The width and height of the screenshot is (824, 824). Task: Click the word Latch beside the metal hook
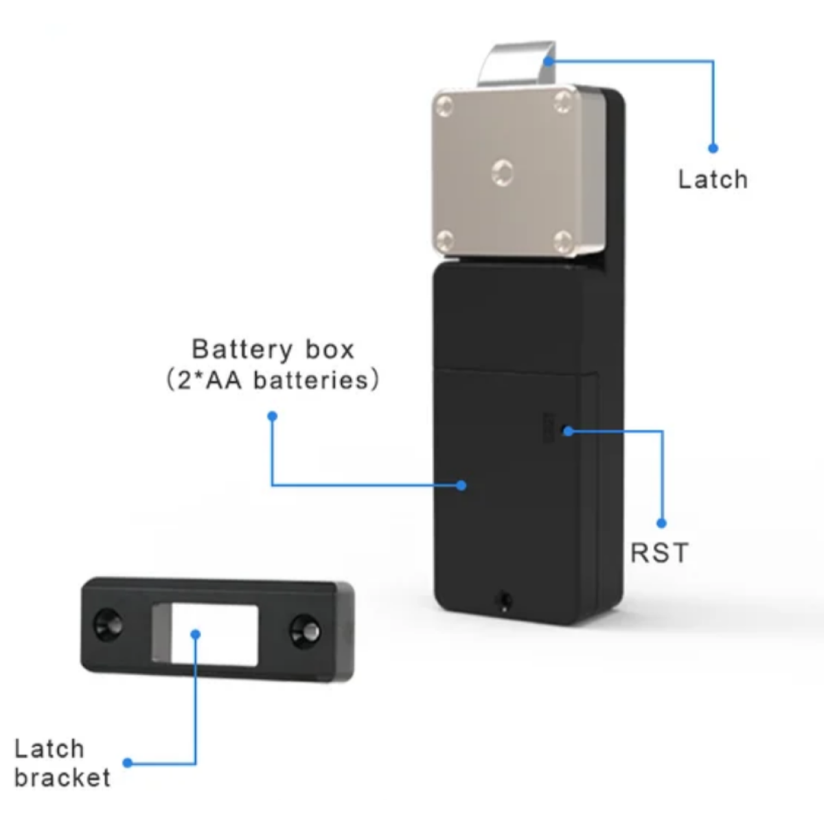(712, 179)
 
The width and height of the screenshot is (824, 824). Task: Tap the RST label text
(659, 552)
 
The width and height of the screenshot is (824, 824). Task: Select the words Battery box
(273, 349)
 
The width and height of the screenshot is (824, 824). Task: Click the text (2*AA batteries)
(273, 380)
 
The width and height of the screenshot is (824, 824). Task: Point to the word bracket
(62, 778)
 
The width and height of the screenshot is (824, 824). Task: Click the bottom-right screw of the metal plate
(563, 240)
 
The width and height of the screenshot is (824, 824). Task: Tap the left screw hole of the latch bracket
(108, 626)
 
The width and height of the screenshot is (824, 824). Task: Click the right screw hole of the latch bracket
(304, 629)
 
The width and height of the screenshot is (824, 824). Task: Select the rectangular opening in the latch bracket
(213, 634)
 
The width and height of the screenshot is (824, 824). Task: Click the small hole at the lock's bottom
(505, 599)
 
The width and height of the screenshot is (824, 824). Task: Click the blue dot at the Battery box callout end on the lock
(461, 485)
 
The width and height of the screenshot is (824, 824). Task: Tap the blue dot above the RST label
(662, 523)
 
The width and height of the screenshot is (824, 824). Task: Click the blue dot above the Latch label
(713, 148)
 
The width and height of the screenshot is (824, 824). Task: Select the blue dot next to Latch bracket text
(127, 763)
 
